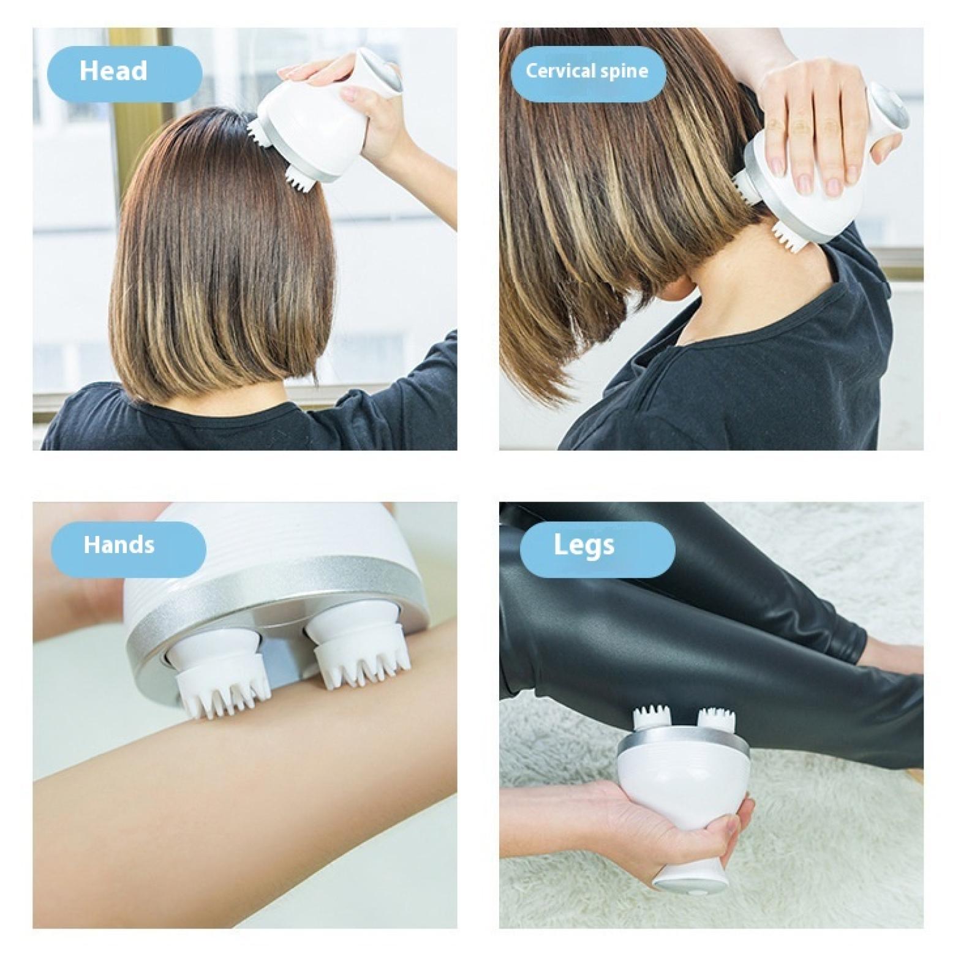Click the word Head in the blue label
pos(113,70)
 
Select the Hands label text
pos(119,545)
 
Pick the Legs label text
pos(584,545)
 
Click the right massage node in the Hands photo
pos(358,649)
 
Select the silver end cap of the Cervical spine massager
pos(888,107)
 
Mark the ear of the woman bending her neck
pos(677,286)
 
